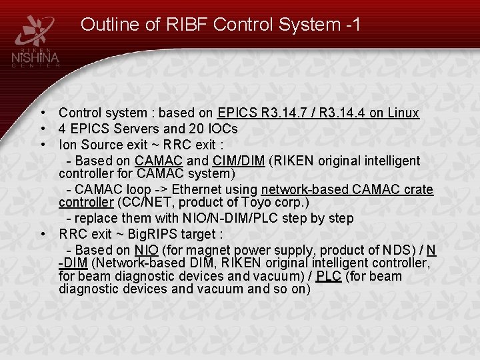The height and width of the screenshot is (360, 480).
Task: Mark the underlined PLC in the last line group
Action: (329, 276)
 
